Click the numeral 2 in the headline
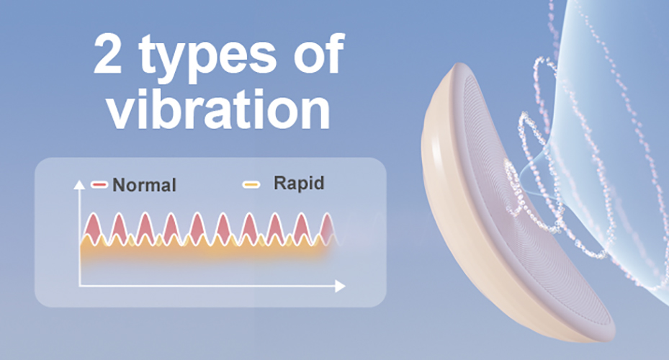(107, 54)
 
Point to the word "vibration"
(218, 107)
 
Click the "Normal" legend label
(144, 185)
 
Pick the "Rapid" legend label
(299, 183)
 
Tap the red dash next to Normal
(99, 185)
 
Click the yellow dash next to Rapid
(251, 185)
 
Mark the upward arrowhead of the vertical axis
(79, 184)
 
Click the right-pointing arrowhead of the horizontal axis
(340, 287)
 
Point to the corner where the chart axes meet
(80, 286)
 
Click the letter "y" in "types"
(174, 65)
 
